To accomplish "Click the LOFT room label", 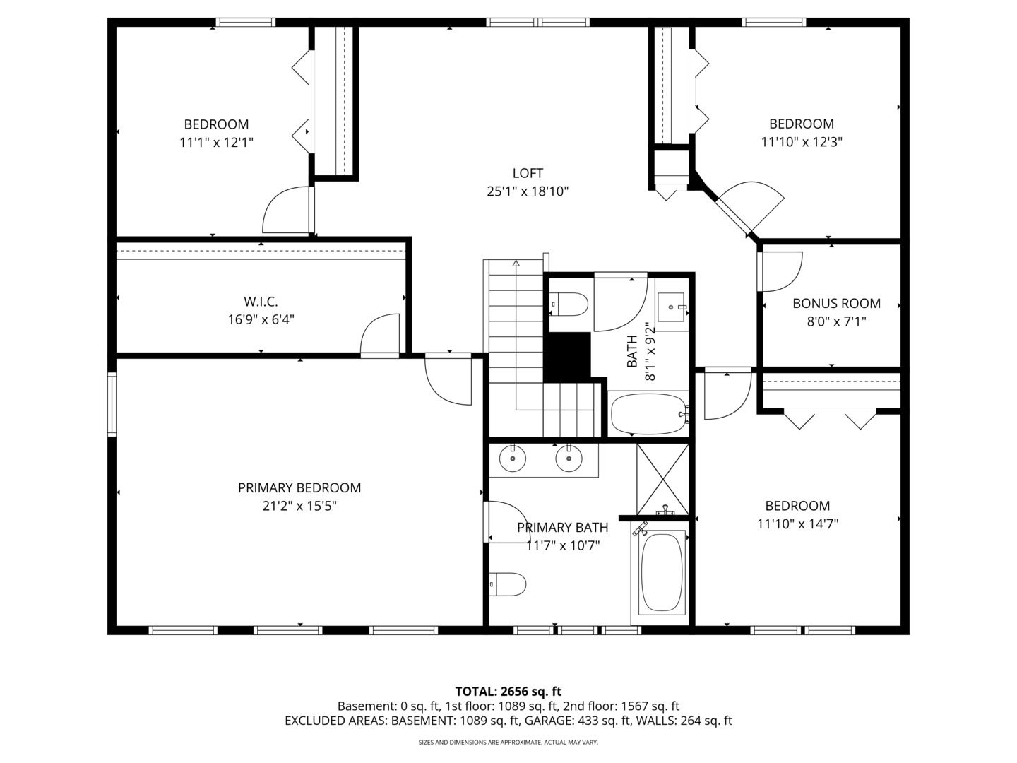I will (528, 173).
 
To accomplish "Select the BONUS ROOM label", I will (836, 303).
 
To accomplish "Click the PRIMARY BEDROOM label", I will (299, 487).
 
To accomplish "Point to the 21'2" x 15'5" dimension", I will (299, 506).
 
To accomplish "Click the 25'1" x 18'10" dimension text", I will (528, 191).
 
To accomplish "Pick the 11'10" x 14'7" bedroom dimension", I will (797, 524).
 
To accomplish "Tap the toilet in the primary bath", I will (509, 584).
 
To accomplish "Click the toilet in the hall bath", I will (569, 304).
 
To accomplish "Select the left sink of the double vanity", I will (512, 459).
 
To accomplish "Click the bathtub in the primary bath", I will (662, 572).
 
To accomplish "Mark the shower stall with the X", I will (662, 478).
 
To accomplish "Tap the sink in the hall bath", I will (671, 307).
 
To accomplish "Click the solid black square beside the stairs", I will (567, 355).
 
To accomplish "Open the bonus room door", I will (780, 271).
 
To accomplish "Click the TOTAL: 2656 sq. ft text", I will (508, 691).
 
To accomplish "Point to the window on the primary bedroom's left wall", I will (112, 404).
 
